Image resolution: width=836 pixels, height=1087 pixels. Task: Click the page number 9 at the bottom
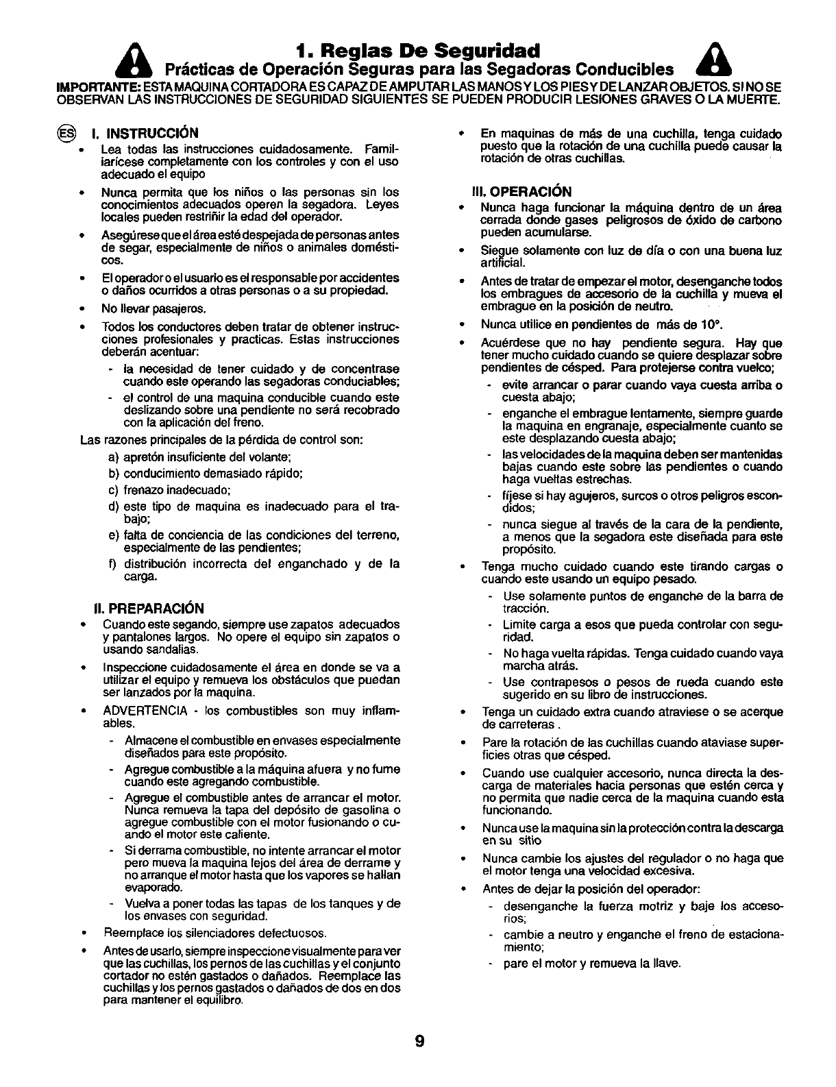(x=419, y=1042)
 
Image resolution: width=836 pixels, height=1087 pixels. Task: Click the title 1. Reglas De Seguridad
(x=419, y=51)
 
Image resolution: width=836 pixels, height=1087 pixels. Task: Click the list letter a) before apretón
(x=114, y=457)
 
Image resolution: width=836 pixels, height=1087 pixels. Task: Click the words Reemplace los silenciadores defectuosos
(x=214, y=933)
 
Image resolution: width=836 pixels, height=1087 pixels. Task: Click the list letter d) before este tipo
(x=114, y=506)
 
